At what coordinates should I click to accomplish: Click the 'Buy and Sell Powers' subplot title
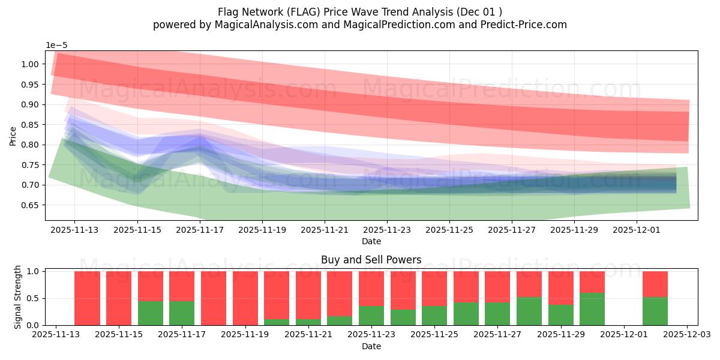(x=371, y=260)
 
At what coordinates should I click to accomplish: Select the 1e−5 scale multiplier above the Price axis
(x=58, y=45)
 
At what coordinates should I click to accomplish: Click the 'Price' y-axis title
(x=13, y=136)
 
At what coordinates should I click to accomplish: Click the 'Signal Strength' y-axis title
(x=18, y=297)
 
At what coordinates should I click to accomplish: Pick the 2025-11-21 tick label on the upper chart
(x=325, y=229)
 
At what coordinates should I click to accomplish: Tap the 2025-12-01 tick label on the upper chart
(x=637, y=229)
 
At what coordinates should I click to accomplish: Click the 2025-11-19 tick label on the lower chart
(x=245, y=335)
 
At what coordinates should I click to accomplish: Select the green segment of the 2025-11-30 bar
(x=592, y=309)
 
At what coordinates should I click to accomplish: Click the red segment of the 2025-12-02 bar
(x=655, y=284)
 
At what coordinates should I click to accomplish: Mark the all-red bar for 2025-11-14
(x=87, y=298)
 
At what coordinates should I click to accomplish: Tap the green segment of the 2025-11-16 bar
(x=151, y=313)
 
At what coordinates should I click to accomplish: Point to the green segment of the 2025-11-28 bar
(x=529, y=311)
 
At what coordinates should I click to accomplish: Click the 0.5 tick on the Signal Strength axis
(x=35, y=298)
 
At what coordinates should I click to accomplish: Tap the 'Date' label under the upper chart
(x=371, y=241)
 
